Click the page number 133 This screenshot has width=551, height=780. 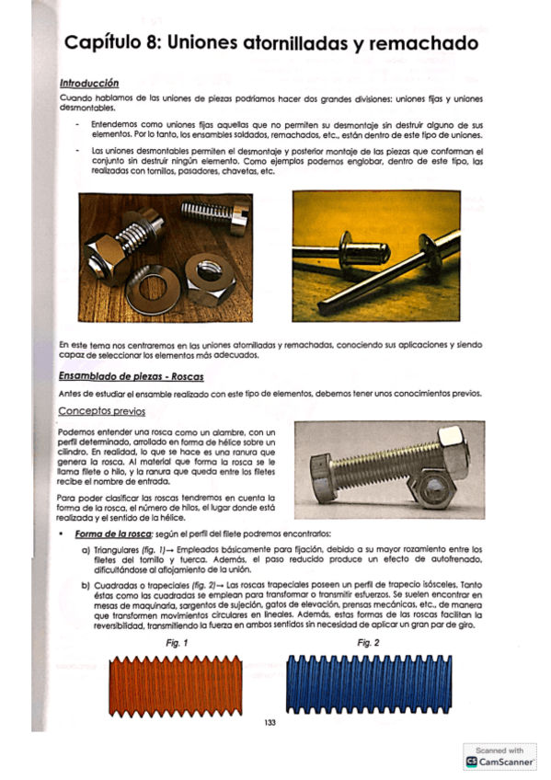pyautogui.click(x=270, y=722)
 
